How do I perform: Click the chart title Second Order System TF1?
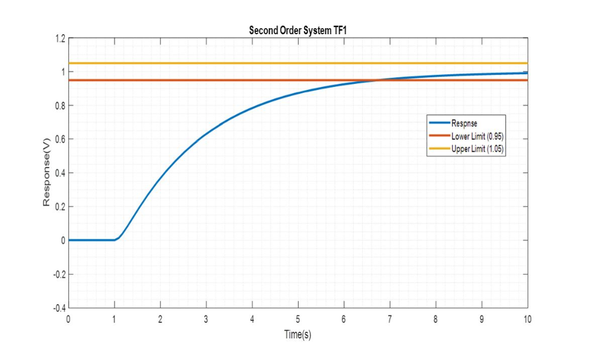pos(298,31)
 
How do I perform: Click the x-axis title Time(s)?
pos(298,334)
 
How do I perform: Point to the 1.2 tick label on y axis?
pos(59,38)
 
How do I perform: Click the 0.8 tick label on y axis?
pos(59,106)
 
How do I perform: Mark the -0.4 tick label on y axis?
pos(58,308)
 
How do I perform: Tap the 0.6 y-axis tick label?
pos(59,139)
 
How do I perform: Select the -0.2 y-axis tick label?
pos(58,274)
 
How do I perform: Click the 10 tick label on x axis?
pos(527,319)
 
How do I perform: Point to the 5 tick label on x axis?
pos(298,319)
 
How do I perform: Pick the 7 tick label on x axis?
pos(390,319)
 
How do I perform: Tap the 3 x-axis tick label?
pos(206,319)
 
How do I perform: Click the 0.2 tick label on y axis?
pos(59,206)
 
